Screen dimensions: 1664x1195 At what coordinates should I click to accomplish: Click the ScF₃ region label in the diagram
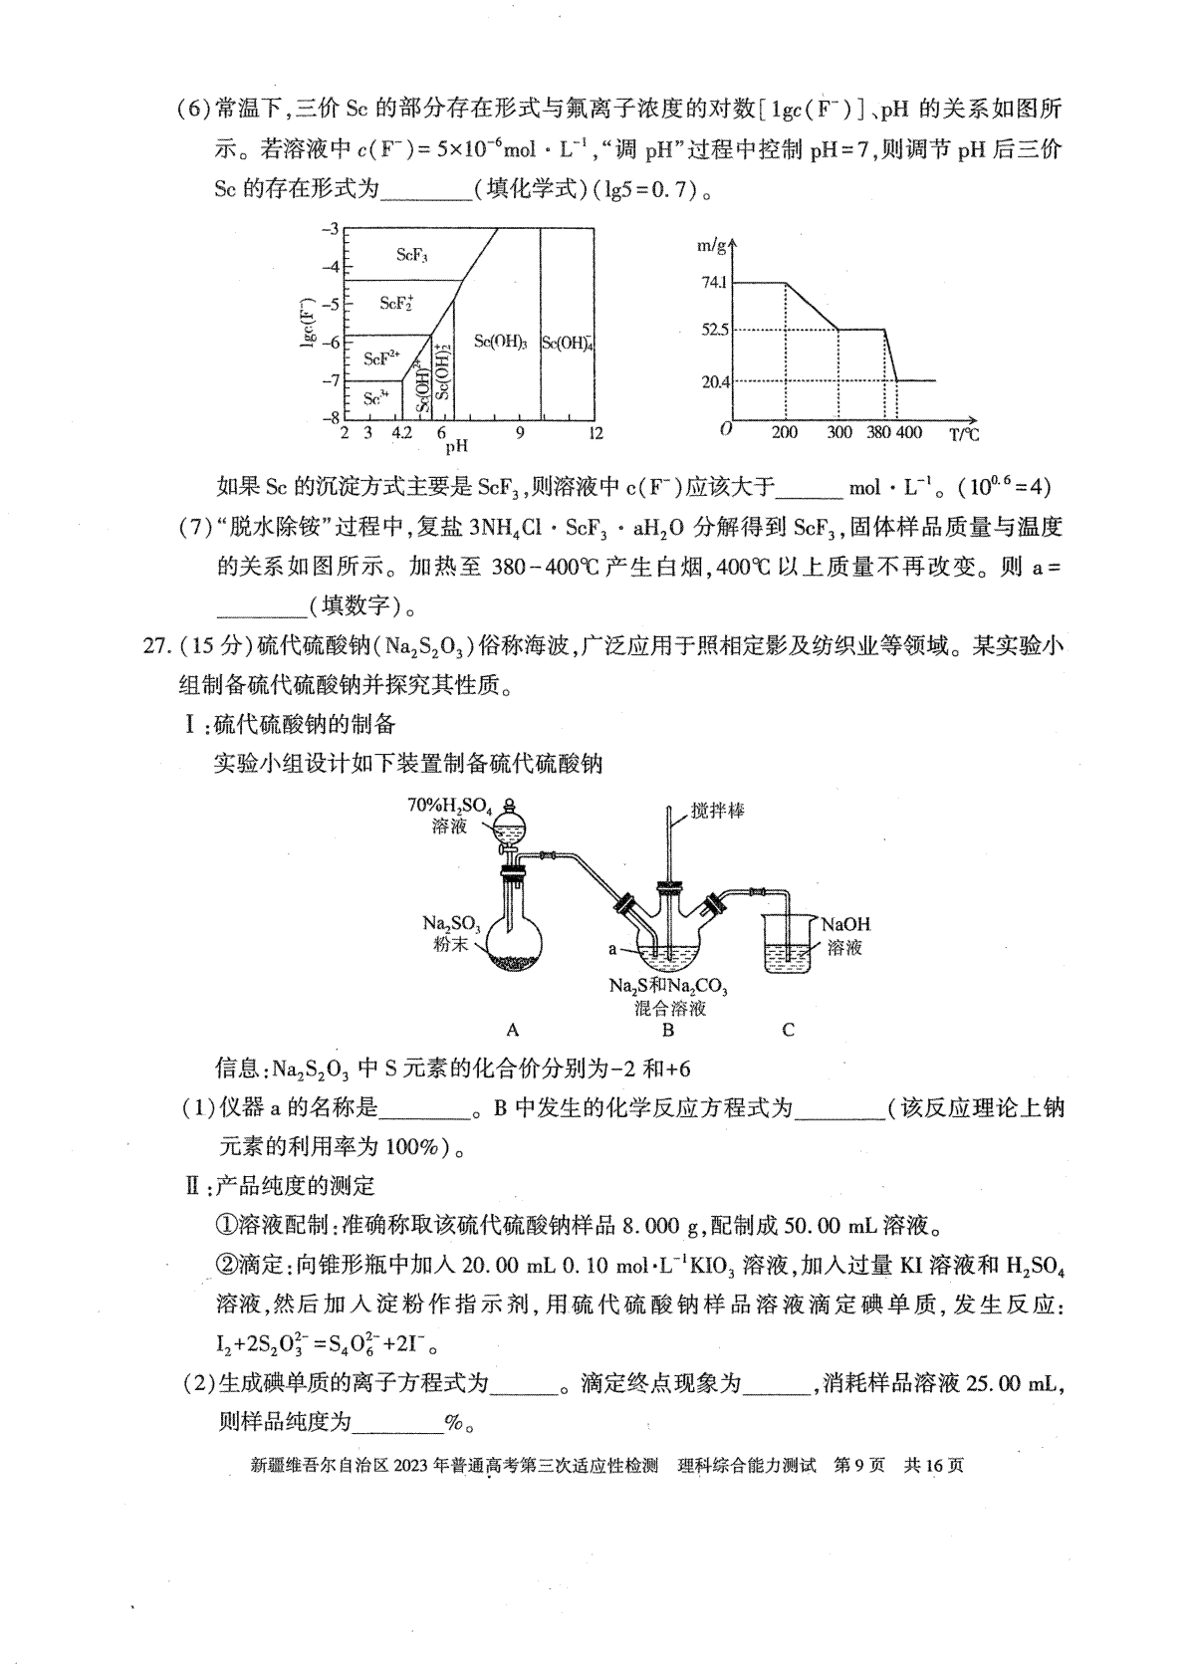tap(411, 255)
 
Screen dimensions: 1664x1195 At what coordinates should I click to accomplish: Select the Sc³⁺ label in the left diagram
tap(375, 398)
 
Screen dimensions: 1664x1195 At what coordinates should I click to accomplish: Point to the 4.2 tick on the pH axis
tap(401, 433)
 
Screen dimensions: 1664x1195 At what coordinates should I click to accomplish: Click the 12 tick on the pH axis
tap(596, 433)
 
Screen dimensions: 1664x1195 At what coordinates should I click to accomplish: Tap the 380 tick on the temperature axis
tap(877, 433)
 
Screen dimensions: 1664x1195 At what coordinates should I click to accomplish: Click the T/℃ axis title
tap(963, 433)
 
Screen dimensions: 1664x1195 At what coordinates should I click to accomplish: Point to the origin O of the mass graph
tap(726, 429)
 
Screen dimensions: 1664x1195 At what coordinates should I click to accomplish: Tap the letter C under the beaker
tap(788, 1031)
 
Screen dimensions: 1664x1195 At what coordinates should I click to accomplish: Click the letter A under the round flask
tap(513, 1031)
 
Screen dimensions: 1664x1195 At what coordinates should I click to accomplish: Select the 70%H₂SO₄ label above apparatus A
tap(450, 805)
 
